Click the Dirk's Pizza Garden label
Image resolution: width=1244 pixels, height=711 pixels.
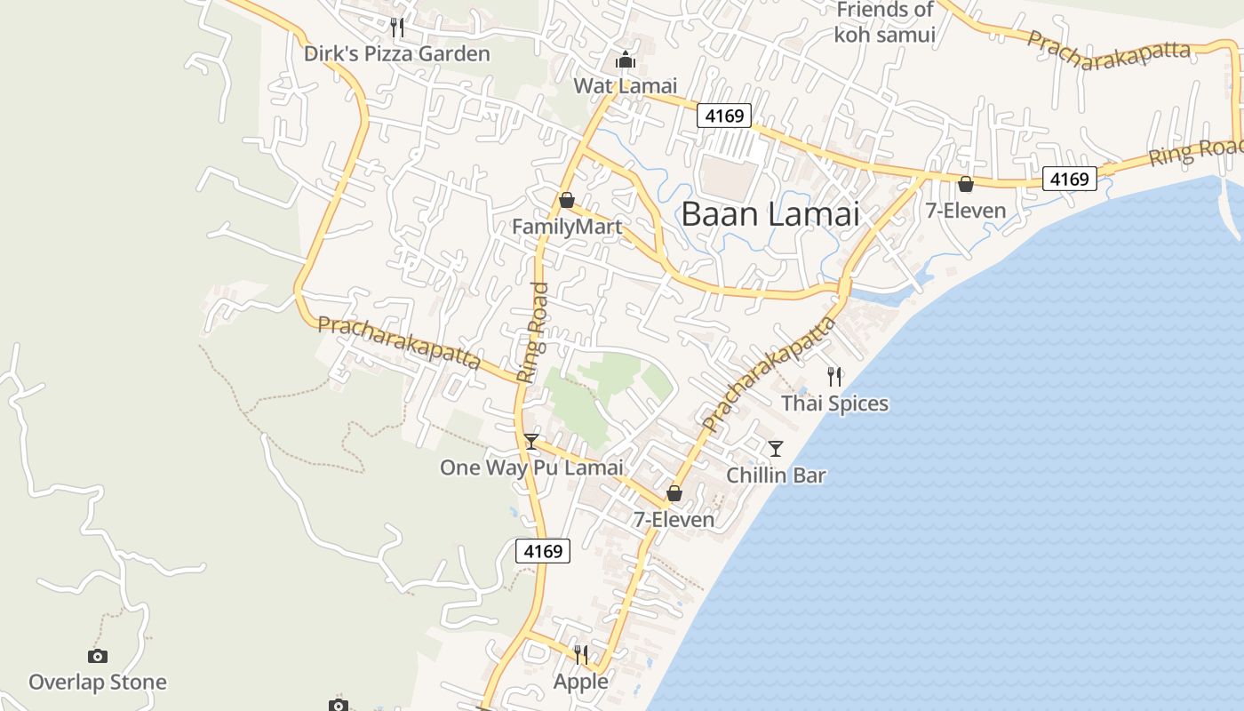[x=396, y=54]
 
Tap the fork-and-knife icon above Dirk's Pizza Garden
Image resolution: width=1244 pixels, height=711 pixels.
[x=397, y=28]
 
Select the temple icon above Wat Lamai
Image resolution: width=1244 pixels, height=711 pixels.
[x=626, y=60]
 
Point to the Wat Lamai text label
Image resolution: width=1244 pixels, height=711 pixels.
[x=625, y=86]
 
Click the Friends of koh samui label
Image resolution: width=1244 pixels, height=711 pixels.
[x=884, y=22]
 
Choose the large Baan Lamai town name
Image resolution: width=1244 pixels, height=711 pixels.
[x=770, y=214]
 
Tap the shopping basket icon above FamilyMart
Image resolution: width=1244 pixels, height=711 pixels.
[x=566, y=200]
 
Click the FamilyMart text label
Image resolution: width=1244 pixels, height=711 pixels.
[x=566, y=228]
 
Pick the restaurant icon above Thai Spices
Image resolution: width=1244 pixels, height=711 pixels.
[x=833, y=377]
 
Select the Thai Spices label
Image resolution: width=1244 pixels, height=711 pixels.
[x=834, y=403]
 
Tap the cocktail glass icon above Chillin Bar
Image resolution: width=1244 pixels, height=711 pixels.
[x=776, y=448]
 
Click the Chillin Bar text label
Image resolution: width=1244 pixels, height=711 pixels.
[x=776, y=475]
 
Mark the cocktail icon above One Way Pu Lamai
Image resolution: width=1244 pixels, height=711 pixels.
[x=530, y=441]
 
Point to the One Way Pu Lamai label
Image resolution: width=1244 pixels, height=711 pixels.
[x=531, y=467]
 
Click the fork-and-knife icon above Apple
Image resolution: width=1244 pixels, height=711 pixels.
[x=580, y=655]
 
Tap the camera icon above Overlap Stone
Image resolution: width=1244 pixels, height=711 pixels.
[x=98, y=656]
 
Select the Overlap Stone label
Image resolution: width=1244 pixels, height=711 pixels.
[x=98, y=683]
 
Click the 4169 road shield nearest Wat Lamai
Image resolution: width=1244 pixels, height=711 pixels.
[x=723, y=115]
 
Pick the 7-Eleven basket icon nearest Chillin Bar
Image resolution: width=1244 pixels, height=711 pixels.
[x=674, y=493]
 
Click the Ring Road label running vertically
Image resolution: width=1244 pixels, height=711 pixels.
[x=533, y=332]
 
